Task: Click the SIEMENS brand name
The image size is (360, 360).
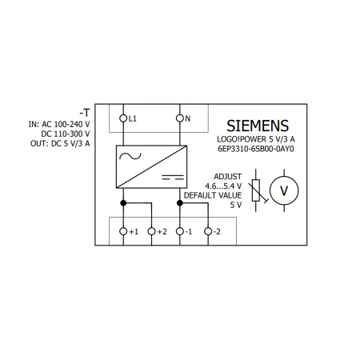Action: (258, 126)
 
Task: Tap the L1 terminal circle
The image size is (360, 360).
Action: (123, 118)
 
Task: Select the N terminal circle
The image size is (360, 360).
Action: (180, 118)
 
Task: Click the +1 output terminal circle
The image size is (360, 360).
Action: (123, 231)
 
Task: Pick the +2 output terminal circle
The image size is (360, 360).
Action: (151, 231)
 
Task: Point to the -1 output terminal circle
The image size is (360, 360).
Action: (180, 231)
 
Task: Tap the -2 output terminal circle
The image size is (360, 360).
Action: (208, 231)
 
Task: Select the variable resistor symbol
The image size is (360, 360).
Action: (256, 190)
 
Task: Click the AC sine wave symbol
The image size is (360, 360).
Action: (130, 156)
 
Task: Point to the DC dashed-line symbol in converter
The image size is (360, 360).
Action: (173, 177)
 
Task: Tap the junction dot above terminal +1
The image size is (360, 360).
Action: (123, 203)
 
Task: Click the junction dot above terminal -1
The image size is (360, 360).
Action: (180, 203)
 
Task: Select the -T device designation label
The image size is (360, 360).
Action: (85, 113)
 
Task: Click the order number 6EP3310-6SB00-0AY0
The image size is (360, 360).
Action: (256, 149)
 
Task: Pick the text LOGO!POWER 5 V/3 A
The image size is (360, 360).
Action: (256, 139)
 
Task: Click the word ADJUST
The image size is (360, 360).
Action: (228, 177)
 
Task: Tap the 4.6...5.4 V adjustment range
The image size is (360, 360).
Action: (223, 186)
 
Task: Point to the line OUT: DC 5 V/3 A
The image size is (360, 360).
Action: (60, 143)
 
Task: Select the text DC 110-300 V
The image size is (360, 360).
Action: (66, 134)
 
